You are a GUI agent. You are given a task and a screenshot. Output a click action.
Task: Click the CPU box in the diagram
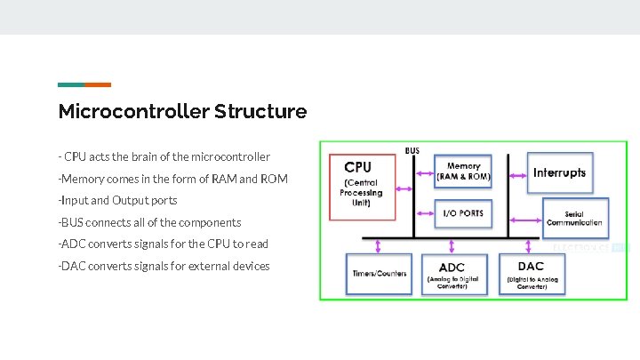(361, 187)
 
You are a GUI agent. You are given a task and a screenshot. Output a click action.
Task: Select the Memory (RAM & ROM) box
(463, 171)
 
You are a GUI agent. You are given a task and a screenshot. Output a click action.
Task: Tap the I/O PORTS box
(463, 213)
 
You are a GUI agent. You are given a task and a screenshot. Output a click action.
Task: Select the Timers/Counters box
(379, 273)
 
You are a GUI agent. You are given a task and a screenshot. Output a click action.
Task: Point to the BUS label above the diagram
(412, 150)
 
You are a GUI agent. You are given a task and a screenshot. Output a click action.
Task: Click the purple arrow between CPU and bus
(404, 188)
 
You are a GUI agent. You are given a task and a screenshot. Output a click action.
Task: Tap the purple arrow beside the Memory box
(423, 170)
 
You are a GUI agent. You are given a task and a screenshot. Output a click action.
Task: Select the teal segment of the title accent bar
(71, 84)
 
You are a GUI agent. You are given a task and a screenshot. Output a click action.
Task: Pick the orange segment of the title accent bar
(98, 84)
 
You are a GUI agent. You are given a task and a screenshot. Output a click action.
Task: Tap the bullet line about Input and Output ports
(117, 200)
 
